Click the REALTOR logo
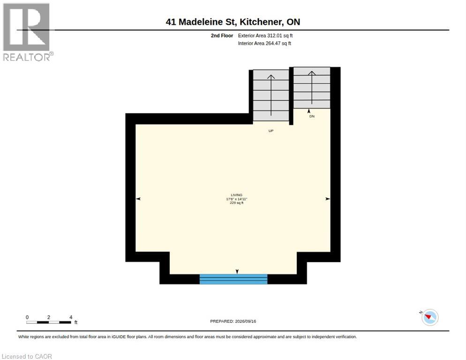(28, 32)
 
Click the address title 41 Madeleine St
(201, 22)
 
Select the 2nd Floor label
(222, 36)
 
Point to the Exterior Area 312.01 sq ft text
(265, 36)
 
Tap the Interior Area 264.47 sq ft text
(264, 44)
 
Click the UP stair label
(271, 131)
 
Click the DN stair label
(312, 116)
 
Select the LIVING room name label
(237, 195)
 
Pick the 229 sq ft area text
(237, 203)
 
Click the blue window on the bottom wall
(233, 279)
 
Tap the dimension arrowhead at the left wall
(138, 199)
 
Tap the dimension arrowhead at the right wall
(328, 199)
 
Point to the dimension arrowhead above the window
(237, 271)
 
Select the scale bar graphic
(49, 322)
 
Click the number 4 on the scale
(71, 317)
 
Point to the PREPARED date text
(233, 321)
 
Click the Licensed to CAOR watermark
(27, 356)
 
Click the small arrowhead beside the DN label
(309, 111)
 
